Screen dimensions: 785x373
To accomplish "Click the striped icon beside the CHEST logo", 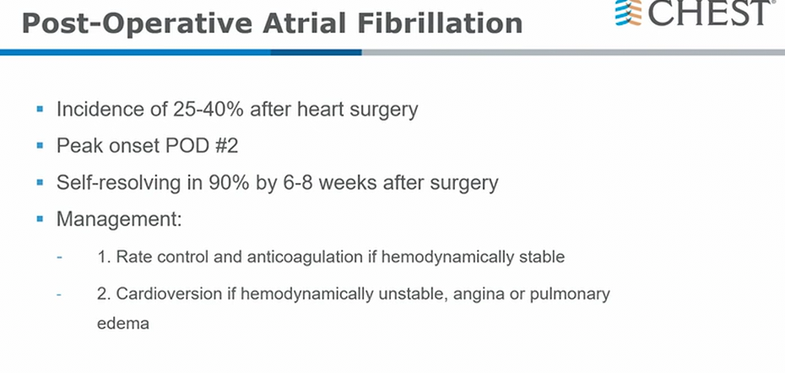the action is (629, 12).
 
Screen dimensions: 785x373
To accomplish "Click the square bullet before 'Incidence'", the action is (40, 109).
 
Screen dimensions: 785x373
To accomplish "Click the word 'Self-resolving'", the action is (118, 183).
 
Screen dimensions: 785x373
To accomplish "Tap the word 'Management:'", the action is (119, 219).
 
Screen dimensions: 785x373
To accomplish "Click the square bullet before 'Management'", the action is (40, 219).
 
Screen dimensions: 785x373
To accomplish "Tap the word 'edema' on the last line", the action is (122, 323).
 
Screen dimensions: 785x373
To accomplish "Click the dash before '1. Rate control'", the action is (60, 257).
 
